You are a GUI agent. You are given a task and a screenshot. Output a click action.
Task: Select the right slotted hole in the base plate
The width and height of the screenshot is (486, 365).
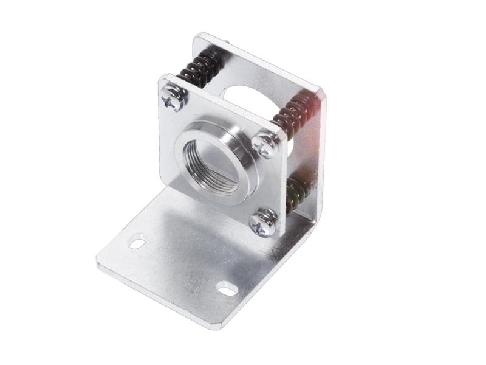(x=227, y=288)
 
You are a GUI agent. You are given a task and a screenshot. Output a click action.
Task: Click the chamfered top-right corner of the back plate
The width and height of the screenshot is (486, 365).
(x=322, y=91)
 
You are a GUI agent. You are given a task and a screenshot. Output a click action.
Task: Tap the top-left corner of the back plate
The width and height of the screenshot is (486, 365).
(x=196, y=36)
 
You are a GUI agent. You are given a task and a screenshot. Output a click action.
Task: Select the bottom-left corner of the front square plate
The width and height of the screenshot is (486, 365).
(x=162, y=178)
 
